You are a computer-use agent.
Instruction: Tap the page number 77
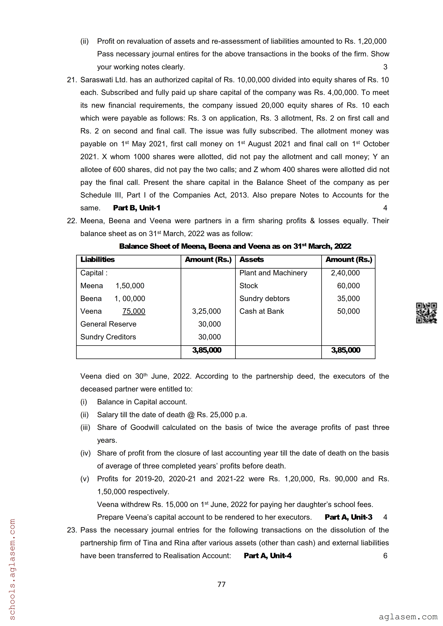[x=221, y=584]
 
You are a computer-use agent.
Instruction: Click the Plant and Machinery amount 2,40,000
[x=345, y=273]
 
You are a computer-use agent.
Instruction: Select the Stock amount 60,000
[x=348, y=286]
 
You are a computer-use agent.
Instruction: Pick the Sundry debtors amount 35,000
[x=348, y=299]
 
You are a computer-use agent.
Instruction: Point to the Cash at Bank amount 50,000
[x=348, y=311]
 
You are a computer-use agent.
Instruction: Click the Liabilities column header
[x=97, y=260]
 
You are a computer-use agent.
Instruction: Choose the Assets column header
[x=251, y=260]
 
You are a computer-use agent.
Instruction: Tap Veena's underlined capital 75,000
[x=134, y=311]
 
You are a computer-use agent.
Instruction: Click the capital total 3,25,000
[x=206, y=311]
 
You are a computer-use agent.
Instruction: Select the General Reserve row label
[x=108, y=324]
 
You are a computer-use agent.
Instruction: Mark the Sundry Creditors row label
[x=108, y=337]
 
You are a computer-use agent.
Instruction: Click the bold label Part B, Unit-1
[x=137, y=208]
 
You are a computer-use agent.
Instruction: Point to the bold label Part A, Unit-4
[x=268, y=556]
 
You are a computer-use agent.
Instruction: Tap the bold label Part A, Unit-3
[x=348, y=517]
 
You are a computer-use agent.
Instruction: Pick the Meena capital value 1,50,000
[x=130, y=286]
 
